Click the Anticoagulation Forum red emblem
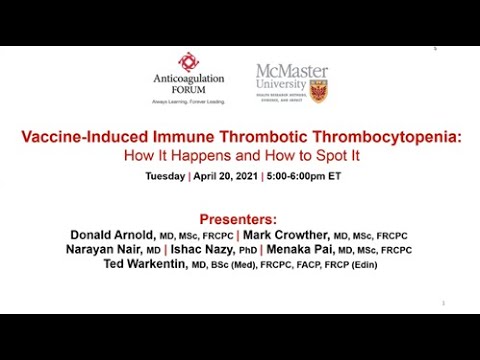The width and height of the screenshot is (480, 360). [188, 63]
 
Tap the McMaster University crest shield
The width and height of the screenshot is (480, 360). [319, 91]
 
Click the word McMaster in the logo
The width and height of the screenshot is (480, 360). [292, 71]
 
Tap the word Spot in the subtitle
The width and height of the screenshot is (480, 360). [320, 156]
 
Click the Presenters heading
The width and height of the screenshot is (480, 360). [240, 218]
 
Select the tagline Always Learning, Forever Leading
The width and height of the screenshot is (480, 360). [188, 102]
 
